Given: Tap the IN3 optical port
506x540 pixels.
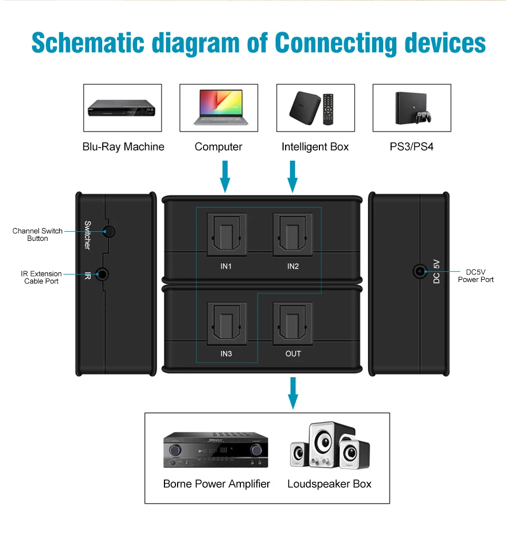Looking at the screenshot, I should click(x=226, y=322).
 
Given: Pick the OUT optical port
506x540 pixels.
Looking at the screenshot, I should click(x=293, y=322).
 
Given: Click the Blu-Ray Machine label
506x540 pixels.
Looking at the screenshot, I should click(x=123, y=146).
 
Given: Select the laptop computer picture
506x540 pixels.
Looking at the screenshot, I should click(x=219, y=107).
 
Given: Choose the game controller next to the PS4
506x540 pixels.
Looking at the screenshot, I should click(x=422, y=116).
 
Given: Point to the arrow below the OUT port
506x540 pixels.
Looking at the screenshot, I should click(x=293, y=393).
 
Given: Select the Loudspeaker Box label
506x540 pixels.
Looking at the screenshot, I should click(x=329, y=484).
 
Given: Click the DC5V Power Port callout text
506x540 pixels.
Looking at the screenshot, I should click(x=475, y=276).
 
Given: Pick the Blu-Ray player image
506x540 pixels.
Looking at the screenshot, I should click(x=123, y=108).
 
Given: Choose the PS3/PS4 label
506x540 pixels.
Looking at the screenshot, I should click(x=412, y=146).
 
